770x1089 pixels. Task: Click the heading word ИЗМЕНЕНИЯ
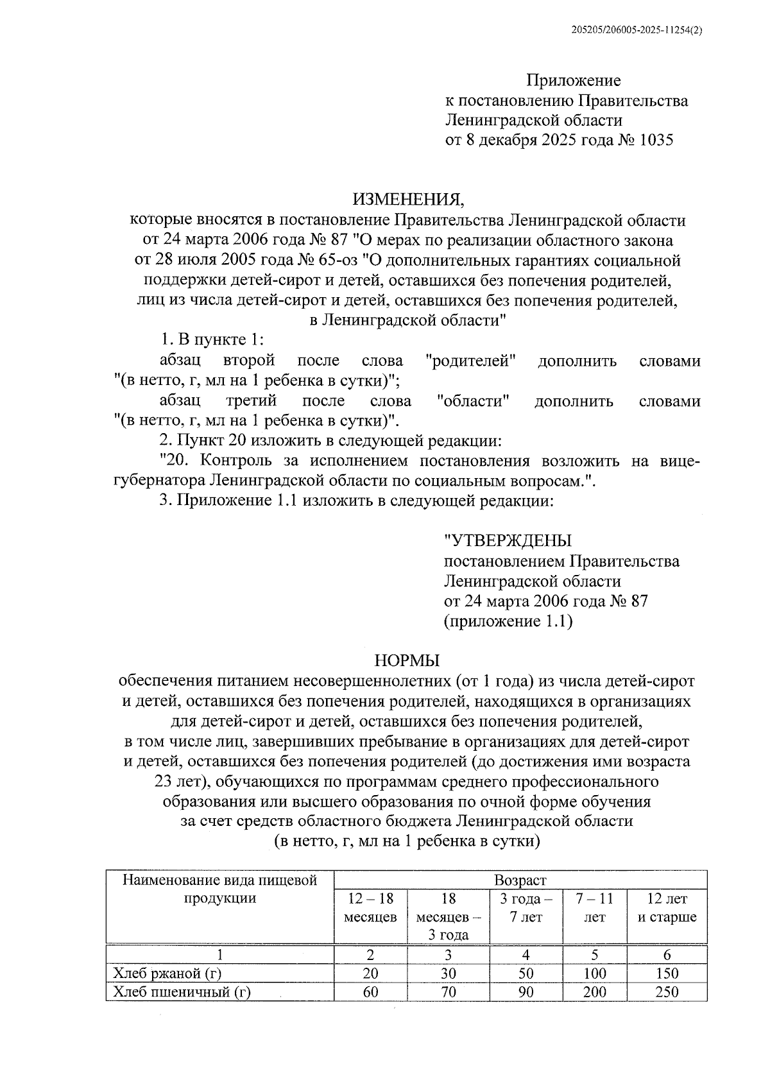coord(406,200)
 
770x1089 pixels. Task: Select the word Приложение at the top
coord(574,81)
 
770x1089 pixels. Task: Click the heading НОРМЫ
coord(406,660)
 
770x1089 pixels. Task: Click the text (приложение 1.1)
coord(508,621)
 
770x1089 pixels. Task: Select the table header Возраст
coord(520,880)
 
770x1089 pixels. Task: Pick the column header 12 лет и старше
coord(667,908)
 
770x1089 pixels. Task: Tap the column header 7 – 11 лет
coord(594,908)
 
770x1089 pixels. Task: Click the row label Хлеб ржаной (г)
coord(167,973)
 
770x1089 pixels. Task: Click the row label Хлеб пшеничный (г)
coord(182,992)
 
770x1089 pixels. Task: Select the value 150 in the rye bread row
coord(667,973)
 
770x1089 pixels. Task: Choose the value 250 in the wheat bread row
coord(667,992)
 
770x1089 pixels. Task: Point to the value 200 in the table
coord(594,992)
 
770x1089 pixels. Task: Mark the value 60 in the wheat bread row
coord(370,992)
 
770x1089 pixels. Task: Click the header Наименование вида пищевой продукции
coord(220,889)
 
